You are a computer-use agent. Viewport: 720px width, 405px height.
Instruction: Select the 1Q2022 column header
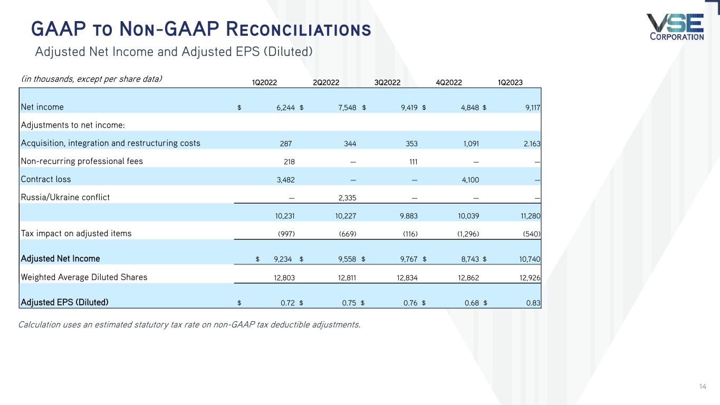[264, 82]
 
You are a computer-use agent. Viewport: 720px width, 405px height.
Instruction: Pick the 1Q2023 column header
[511, 82]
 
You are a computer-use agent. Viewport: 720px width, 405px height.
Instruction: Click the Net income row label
[42, 107]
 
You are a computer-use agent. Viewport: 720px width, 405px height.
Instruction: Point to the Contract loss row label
[45, 179]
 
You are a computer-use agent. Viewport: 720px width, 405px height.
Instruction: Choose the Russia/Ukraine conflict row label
[65, 197]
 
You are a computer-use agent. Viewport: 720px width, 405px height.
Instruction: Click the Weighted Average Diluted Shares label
[84, 277]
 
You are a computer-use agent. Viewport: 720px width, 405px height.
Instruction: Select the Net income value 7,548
[346, 108]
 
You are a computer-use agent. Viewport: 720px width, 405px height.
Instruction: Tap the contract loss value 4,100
[469, 179]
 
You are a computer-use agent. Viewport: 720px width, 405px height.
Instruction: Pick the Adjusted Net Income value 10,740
[529, 259]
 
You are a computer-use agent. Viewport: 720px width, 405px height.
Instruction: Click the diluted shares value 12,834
[407, 277]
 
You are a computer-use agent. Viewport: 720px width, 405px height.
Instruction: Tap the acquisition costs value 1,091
[469, 143]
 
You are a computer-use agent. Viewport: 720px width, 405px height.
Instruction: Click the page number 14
[702, 387]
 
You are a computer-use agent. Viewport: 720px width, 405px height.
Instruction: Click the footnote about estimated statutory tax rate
[189, 324]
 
